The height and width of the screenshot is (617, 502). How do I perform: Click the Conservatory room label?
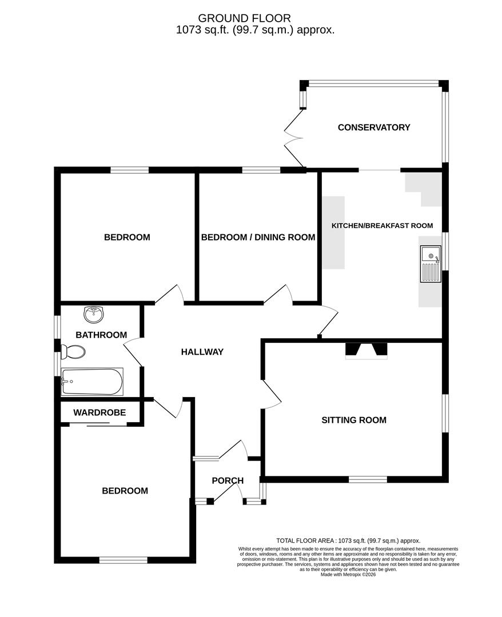pos(374,127)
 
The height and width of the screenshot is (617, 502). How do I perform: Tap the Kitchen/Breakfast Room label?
pos(382,226)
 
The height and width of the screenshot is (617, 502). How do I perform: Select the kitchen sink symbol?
pos(429,264)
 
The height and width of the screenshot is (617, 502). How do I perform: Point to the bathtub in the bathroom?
pos(92,382)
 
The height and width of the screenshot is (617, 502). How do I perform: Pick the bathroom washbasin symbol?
pos(94,314)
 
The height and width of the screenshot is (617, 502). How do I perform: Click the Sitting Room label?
pos(353,420)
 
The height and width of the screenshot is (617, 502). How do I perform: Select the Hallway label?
pos(202,352)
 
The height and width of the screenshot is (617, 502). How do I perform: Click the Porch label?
pos(228,480)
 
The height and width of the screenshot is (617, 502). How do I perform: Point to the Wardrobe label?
pos(99,412)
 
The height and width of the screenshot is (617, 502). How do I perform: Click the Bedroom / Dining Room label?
pos(258,237)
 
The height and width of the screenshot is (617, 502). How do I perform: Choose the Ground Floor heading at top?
pos(252,19)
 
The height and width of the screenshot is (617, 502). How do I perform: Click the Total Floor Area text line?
pos(348,540)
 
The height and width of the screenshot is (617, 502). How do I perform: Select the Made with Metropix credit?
pos(348,574)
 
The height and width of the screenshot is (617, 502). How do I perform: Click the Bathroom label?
pos(101,335)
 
